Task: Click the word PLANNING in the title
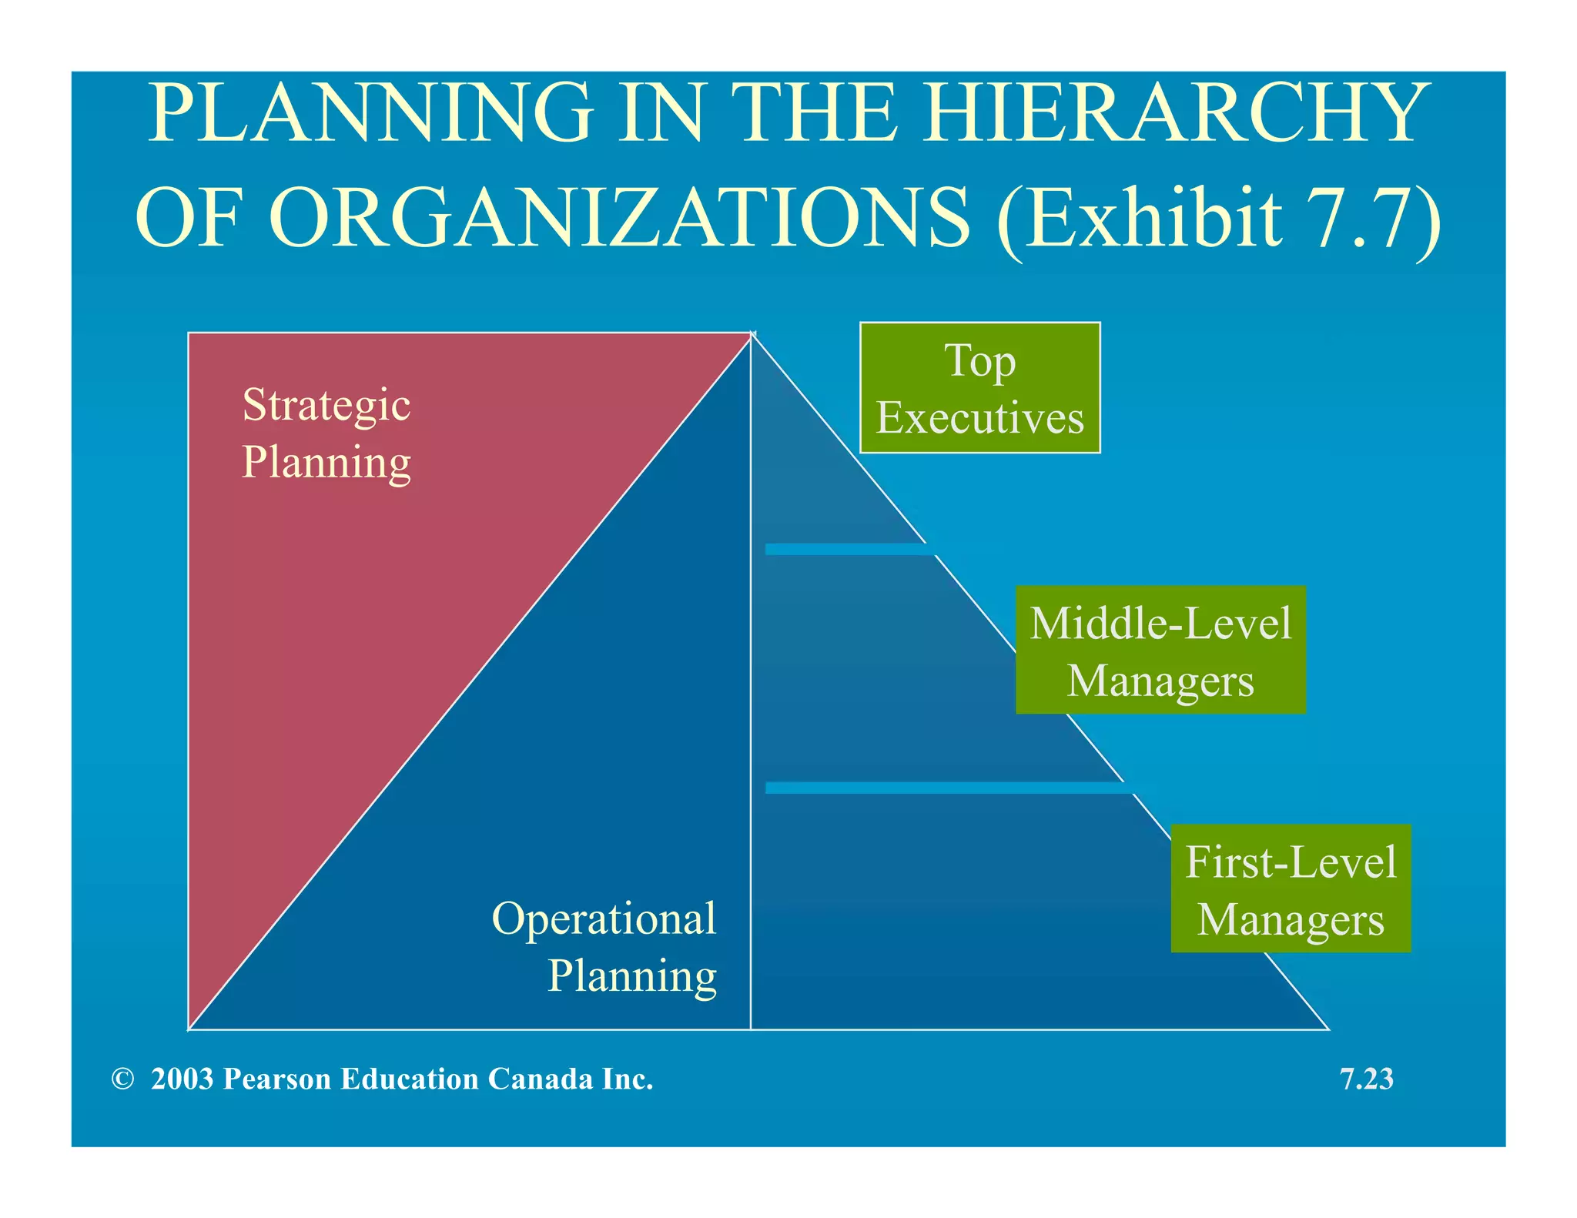pos(370,113)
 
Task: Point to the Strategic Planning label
pos(326,433)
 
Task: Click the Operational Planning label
pos(605,947)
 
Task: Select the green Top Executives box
pos(979,388)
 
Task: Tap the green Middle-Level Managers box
pos(1160,650)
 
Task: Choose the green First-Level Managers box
pos(1291,888)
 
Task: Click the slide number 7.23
pos(1367,1079)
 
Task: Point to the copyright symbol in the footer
pos(122,1079)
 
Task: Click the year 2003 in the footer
pos(182,1079)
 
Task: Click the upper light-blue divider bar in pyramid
pos(847,549)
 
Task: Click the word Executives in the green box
pos(979,418)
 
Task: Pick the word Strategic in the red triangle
pos(326,405)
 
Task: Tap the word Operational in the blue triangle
pos(604,919)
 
